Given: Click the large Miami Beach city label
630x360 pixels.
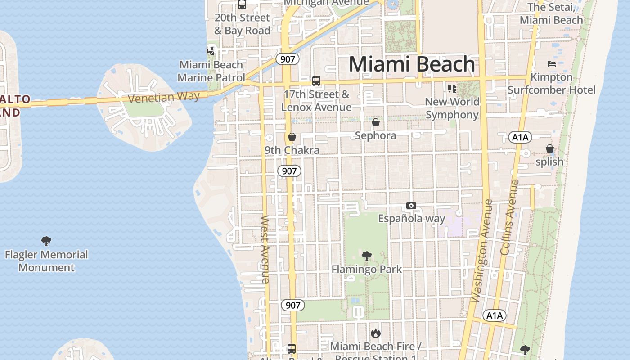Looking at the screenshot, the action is [412, 64].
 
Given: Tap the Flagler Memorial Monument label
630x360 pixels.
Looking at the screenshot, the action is [46, 261].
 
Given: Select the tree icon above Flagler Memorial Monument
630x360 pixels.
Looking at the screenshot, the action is [46, 241].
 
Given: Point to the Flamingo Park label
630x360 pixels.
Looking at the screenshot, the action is [367, 269].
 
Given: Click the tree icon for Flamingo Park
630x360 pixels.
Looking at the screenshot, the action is [367, 256].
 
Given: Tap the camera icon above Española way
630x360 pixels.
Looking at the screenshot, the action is [411, 206].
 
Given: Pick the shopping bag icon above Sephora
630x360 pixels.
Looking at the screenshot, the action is [376, 122].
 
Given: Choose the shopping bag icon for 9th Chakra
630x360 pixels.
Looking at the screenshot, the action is [292, 137].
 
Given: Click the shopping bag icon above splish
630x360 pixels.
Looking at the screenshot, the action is [549, 148].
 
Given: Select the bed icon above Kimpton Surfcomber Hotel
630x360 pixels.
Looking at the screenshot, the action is [551, 64].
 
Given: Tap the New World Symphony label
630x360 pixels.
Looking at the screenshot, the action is [452, 108].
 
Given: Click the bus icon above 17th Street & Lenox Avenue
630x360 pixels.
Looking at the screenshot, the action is [316, 81].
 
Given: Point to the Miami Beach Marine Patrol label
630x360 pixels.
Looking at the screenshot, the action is [211, 71].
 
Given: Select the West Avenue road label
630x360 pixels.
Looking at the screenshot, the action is [265, 250].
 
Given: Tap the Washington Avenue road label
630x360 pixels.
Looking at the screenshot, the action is [482, 251].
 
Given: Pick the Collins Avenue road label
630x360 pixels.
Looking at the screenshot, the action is [510, 217].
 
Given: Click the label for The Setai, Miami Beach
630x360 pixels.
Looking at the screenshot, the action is [551, 13].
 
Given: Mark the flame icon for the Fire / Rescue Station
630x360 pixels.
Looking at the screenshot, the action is [376, 333].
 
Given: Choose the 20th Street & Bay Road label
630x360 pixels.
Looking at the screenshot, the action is [242, 24].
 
